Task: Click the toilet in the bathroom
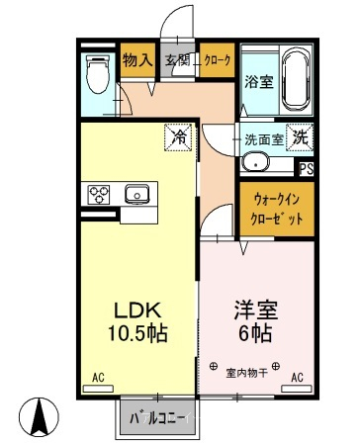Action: pos(98,74)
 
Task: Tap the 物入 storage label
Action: pos(137,60)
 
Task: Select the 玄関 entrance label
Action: pos(178,60)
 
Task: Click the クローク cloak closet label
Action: pos(218,60)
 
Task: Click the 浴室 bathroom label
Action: pos(259,82)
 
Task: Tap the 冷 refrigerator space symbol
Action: pos(178,137)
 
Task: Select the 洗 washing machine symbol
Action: pos(300,137)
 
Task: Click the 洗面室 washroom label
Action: pos(264,140)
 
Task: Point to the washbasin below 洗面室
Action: pos(255,162)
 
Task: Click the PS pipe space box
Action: pos(307,169)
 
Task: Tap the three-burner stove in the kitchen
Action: pos(99,195)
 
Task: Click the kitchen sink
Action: pos(136,194)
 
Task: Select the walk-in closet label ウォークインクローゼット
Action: pos(276,209)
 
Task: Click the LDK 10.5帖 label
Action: pos(137,321)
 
